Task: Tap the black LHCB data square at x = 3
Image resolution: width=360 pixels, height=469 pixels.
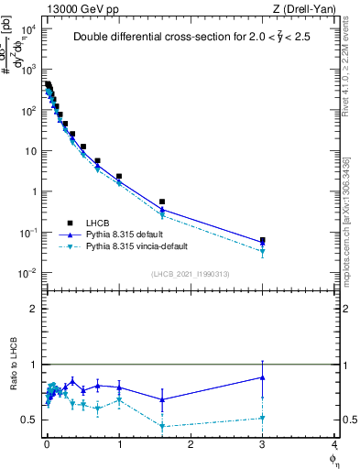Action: tap(263, 240)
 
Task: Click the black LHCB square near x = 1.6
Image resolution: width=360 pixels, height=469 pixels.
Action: tap(162, 202)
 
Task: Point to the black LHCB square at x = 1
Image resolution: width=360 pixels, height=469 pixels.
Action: tap(119, 176)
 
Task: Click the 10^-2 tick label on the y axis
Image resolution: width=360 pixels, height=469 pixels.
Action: tap(27, 273)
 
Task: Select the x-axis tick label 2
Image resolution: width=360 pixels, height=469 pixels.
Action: tap(190, 444)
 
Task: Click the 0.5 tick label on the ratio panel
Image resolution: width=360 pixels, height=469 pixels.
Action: tap(30, 420)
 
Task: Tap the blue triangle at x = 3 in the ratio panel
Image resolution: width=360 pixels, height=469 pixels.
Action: tap(263, 377)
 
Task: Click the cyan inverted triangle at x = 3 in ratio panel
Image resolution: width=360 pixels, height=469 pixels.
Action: tap(263, 418)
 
